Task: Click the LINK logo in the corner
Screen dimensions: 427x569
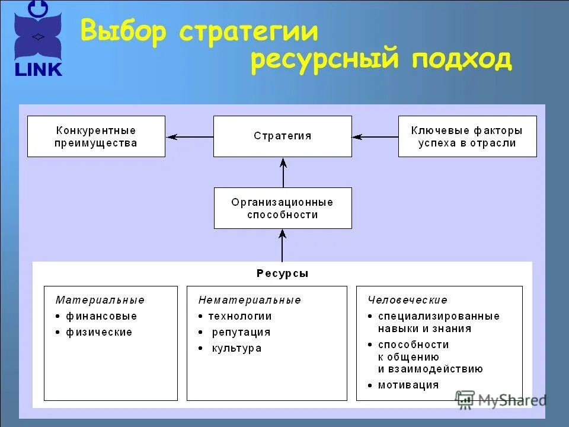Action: click(x=38, y=39)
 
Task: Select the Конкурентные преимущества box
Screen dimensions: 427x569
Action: click(x=96, y=136)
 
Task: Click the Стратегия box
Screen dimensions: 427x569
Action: click(x=282, y=136)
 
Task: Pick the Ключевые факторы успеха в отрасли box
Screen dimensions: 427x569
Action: click(x=467, y=136)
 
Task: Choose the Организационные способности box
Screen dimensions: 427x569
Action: click(x=282, y=208)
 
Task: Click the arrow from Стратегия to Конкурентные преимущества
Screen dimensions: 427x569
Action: click(x=189, y=136)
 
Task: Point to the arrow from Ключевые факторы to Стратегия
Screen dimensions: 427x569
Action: click(x=375, y=136)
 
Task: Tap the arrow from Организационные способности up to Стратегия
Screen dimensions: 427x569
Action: click(x=283, y=172)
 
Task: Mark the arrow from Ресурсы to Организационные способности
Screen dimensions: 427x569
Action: click(x=283, y=245)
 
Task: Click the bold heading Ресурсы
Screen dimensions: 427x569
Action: click(x=282, y=273)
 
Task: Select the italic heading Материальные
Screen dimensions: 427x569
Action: click(x=100, y=300)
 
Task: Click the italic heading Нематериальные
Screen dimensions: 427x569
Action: click(x=250, y=300)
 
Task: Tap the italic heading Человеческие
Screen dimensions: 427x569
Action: click(x=407, y=300)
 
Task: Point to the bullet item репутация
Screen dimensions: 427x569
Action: click(x=241, y=332)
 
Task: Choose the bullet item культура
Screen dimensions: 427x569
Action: click(x=236, y=348)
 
